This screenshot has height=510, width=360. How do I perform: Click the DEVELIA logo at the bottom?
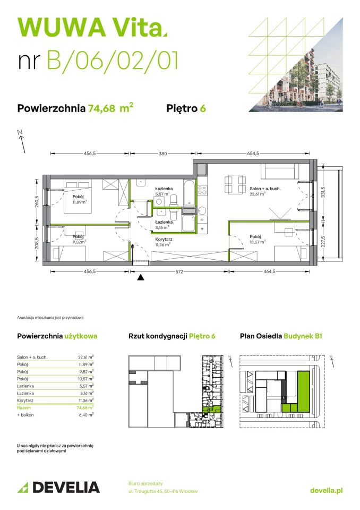(58, 487)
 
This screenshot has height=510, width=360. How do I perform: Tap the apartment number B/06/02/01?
(113, 61)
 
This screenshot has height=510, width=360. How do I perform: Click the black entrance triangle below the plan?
(141, 277)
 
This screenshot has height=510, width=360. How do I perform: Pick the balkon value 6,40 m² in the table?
(86, 414)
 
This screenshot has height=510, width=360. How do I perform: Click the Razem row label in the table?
(24, 407)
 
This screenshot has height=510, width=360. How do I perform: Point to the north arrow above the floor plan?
(21, 138)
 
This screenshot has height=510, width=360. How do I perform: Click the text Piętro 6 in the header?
(186, 109)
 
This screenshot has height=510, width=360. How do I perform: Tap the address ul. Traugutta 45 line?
(163, 491)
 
